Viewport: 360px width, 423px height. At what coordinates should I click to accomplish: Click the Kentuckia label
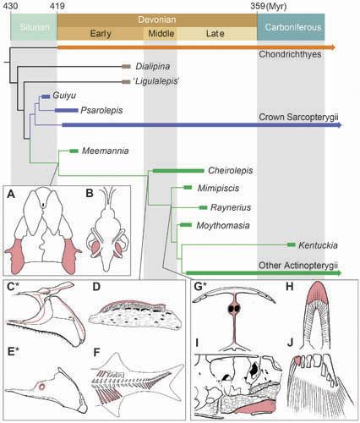click(318, 244)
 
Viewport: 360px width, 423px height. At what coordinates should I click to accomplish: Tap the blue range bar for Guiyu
click(46, 97)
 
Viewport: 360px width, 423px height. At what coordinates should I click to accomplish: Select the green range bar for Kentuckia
click(290, 244)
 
